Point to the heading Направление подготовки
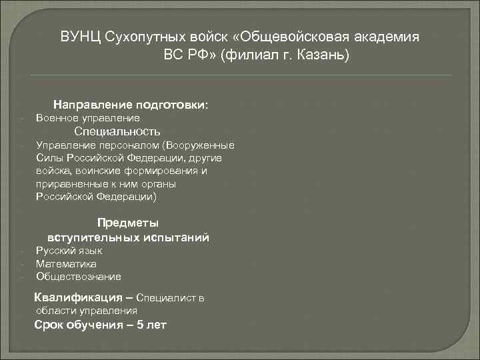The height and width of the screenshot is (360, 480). tap(131, 105)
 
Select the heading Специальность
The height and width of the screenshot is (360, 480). tap(117, 131)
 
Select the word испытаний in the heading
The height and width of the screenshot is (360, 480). tap(177, 237)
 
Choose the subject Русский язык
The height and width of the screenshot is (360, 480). tap(69, 251)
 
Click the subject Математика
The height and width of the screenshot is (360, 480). tap(66, 264)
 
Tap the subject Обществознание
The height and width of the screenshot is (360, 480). tap(79, 277)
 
